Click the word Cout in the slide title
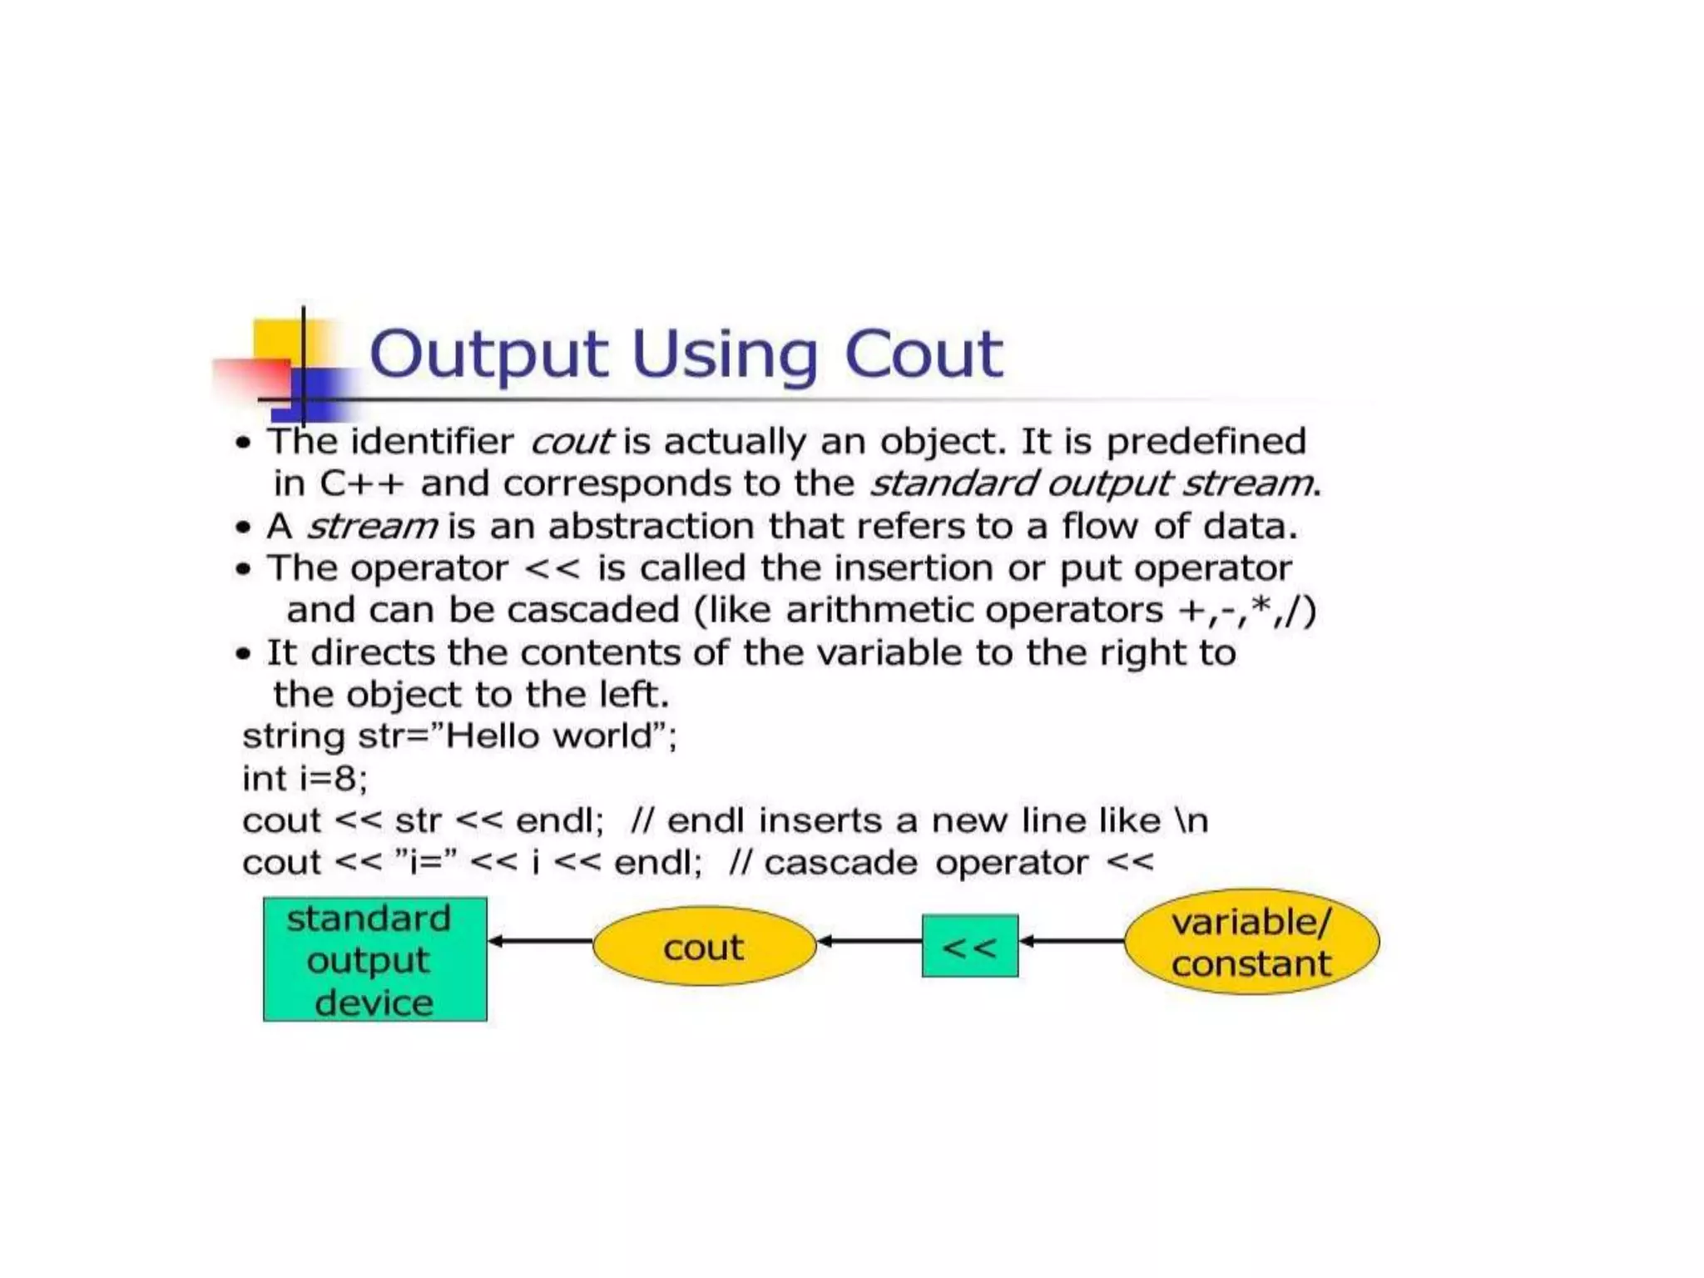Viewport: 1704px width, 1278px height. click(x=923, y=354)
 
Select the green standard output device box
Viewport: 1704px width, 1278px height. click(x=374, y=959)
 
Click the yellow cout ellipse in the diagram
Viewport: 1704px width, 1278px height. click(x=704, y=947)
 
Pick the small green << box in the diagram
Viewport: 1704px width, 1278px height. click(x=969, y=947)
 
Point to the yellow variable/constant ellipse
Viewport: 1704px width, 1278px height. click(x=1251, y=943)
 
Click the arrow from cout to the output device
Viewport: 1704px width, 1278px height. click(x=540, y=941)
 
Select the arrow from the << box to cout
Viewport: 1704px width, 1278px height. click(x=869, y=941)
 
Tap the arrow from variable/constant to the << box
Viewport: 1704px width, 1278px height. click(x=1071, y=941)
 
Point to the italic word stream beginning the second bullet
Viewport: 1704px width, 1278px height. click(x=372, y=527)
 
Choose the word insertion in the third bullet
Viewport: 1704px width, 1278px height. click(x=914, y=568)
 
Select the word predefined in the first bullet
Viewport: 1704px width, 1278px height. click(x=1206, y=442)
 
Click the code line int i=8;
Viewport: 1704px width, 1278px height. click(x=305, y=779)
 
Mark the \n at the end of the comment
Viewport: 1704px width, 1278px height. click(x=1191, y=821)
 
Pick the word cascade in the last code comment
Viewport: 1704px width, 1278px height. click(x=840, y=863)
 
